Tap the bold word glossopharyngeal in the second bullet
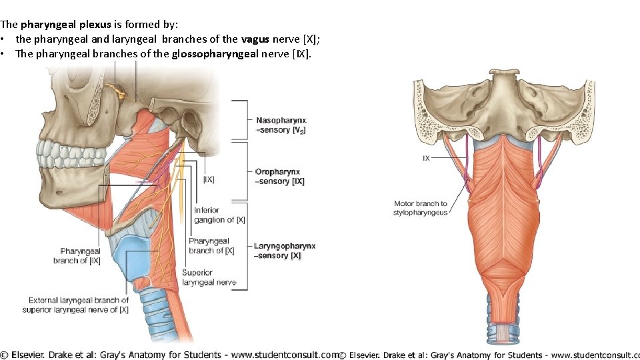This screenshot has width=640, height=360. coord(213,53)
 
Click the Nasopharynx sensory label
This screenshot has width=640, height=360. coord(281,125)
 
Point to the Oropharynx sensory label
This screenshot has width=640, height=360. coord(281,177)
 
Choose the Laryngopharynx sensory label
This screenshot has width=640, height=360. coord(285,251)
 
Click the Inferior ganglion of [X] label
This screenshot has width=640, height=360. coord(219,215)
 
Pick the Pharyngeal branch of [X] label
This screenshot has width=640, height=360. coord(211,246)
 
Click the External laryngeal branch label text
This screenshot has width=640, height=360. coord(79,305)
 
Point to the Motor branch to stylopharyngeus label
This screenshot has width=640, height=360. coord(420,208)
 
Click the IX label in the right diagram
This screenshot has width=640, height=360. coord(426,159)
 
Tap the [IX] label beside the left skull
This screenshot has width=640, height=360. coord(209,179)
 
